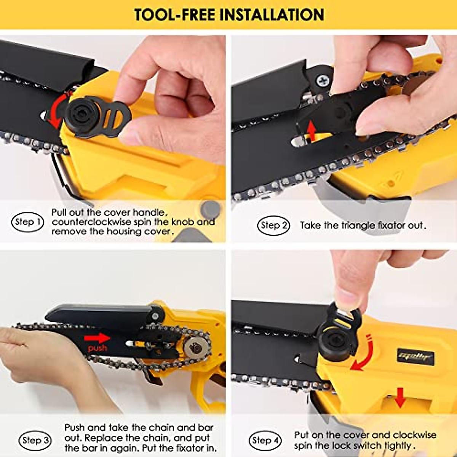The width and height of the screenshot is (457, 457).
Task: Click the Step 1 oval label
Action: click(28, 222)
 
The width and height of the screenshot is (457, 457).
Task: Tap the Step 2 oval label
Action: click(274, 225)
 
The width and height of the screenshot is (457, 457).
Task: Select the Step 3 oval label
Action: click(35, 441)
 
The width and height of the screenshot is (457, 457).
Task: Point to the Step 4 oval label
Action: click(265, 441)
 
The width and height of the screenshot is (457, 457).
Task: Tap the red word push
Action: click(97, 348)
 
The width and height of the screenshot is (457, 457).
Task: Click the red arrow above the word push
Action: click(97, 338)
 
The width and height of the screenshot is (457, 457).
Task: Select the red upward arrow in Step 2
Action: click(312, 131)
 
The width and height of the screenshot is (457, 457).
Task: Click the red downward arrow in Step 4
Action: click(400, 397)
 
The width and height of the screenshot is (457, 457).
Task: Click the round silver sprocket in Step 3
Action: click(196, 347)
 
